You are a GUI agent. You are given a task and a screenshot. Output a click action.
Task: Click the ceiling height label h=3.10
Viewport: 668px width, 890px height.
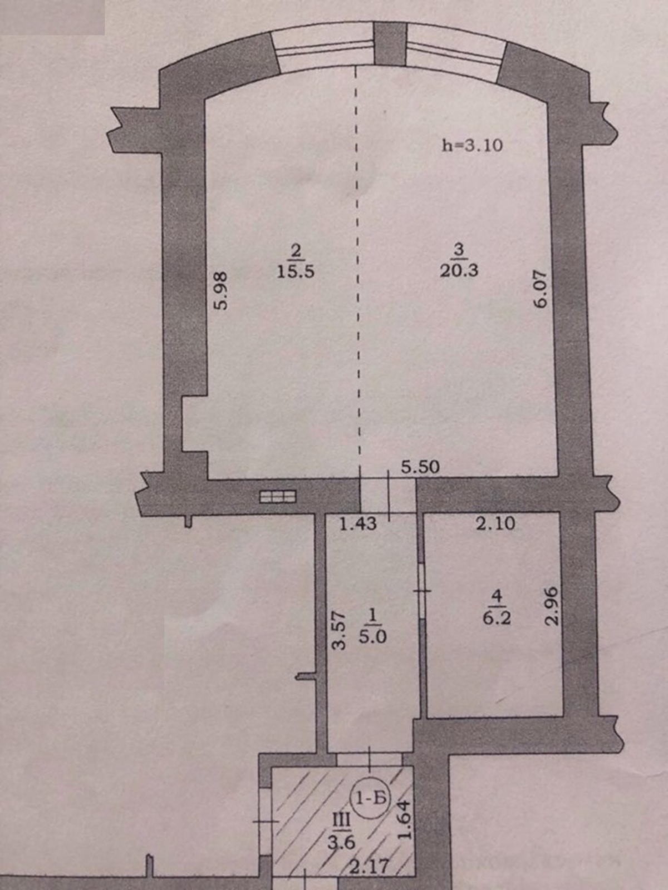(472, 145)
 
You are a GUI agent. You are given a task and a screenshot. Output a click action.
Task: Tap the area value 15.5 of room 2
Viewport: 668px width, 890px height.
(296, 271)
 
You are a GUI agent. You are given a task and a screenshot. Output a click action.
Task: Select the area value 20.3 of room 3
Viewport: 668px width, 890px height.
(459, 270)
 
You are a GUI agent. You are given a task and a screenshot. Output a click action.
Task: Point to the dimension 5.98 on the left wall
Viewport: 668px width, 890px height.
(222, 290)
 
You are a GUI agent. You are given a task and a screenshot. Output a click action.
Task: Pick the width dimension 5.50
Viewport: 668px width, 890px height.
(420, 467)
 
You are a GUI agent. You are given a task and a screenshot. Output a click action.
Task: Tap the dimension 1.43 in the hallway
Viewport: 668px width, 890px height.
(358, 525)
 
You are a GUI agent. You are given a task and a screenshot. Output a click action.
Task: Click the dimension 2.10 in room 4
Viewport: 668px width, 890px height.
(495, 523)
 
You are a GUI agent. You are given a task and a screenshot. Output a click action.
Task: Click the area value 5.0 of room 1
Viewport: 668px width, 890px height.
(373, 637)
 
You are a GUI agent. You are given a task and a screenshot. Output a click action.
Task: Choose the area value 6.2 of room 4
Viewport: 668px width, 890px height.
(497, 619)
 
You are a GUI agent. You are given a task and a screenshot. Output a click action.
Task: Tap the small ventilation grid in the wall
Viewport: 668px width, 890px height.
(278, 496)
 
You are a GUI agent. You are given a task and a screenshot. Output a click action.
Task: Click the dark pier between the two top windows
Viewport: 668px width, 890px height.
(390, 43)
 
